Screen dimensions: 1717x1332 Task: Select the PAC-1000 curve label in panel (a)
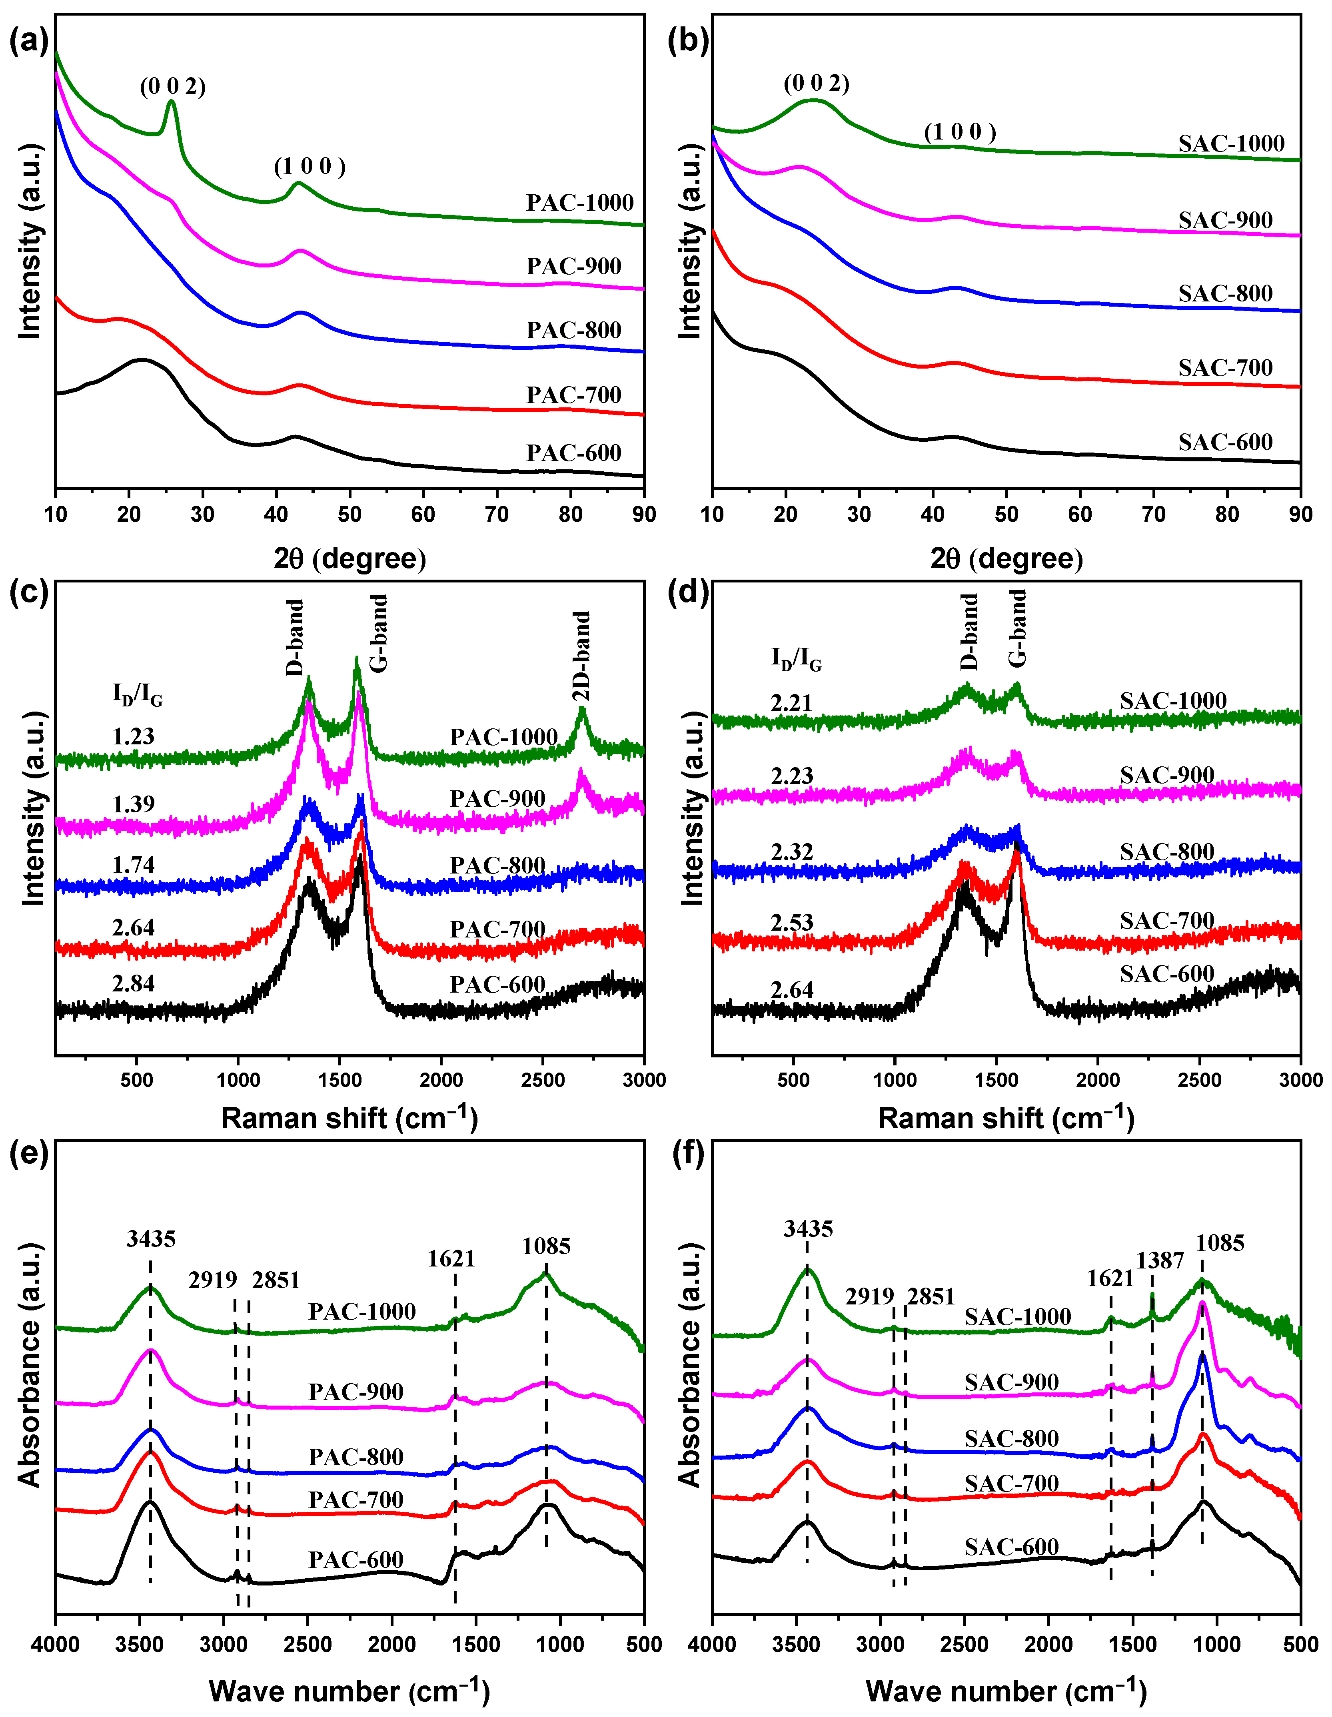[x=579, y=203]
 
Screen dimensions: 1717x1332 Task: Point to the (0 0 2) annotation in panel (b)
[x=816, y=83]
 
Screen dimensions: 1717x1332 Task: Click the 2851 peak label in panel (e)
[x=276, y=1281]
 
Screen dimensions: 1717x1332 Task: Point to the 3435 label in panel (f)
[x=807, y=1229]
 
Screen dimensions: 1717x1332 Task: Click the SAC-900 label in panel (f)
[x=1011, y=1382]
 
